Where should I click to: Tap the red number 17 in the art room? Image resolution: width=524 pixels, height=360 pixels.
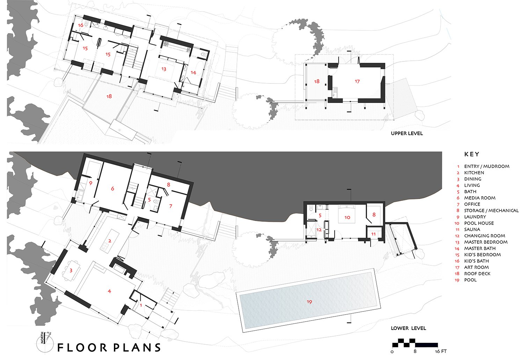(x=357, y=81)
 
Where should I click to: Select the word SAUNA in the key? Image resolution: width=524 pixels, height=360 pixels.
(x=472, y=229)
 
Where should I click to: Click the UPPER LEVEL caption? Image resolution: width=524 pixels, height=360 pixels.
(x=407, y=133)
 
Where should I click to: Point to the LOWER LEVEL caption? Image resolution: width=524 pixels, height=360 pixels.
(x=408, y=328)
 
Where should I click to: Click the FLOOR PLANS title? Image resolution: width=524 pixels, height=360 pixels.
(x=109, y=347)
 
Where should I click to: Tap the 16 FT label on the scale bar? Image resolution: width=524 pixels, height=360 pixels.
(x=441, y=351)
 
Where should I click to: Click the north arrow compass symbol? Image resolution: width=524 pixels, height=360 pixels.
(x=44, y=342)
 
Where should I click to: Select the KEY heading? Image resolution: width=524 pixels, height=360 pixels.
(x=472, y=154)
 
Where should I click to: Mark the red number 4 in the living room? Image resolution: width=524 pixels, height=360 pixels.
(x=109, y=291)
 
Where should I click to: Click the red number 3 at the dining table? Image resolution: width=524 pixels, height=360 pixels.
(x=71, y=271)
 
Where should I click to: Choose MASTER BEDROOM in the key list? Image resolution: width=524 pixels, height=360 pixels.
(x=486, y=242)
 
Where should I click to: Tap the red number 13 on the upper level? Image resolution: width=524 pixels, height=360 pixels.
(x=164, y=69)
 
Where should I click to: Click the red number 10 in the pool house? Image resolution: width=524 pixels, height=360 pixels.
(x=347, y=218)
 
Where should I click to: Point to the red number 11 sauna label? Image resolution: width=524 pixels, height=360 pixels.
(x=373, y=234)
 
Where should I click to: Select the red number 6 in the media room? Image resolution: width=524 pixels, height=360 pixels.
(x=112, y=189)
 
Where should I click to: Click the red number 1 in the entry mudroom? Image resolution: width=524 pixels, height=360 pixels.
(x=141, y=305)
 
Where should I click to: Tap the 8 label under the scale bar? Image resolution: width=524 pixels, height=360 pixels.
(x=415, y=351)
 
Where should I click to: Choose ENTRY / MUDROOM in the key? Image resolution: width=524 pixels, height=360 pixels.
(x=487, y=167)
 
